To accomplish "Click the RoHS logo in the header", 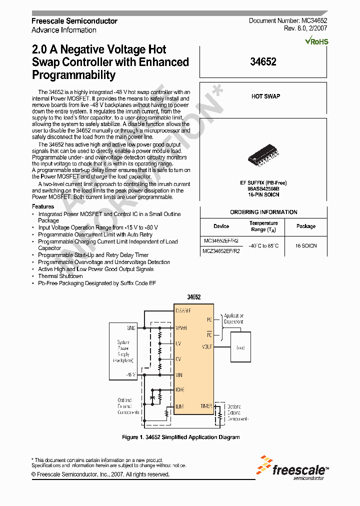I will (316, 41).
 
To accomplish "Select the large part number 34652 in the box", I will (263, 62).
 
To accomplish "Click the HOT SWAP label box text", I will (265, 96).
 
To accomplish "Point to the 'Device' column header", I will (221, 226).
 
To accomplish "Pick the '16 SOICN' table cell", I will (305, 246).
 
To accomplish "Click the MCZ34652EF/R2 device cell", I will (221, 251).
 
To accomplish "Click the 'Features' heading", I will (43, 206).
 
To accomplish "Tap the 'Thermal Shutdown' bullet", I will (60, 276).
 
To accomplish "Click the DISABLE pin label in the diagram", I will (183, 311).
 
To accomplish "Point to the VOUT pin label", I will (206, 346).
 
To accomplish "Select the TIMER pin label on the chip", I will (206, 406).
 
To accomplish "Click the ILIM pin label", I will (180, 406).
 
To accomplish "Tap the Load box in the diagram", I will (240, 347).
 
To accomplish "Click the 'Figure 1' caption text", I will (181, 437).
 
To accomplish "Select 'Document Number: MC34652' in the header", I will (288, 21).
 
